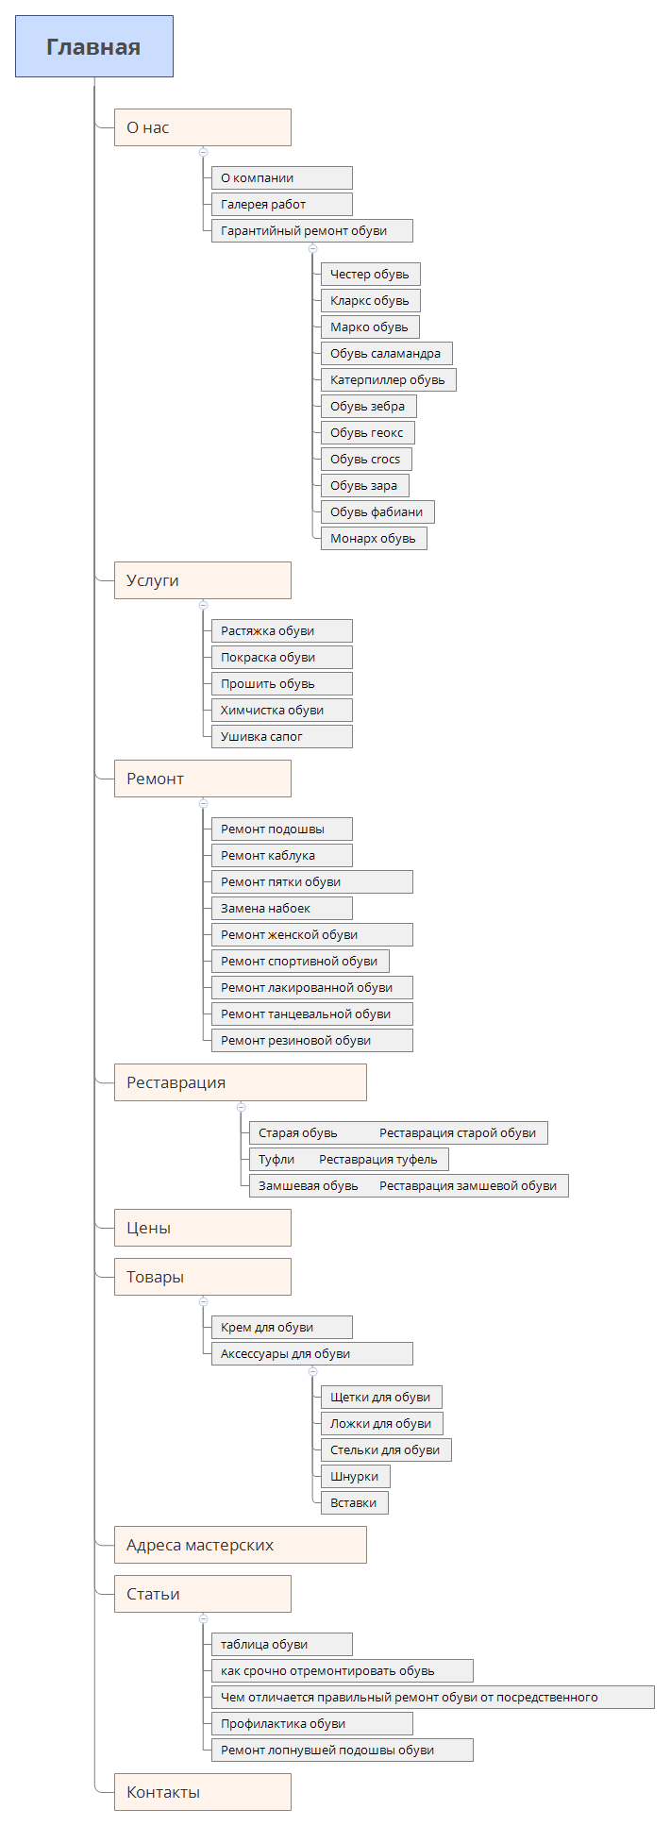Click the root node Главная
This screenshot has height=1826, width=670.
(94, 46)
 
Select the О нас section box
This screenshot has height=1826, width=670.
(203, 127)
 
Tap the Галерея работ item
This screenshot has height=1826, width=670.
(282, 204)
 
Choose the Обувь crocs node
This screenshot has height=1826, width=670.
(366, 459)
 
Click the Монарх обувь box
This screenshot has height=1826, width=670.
(374, 538)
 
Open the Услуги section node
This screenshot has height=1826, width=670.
(203, 580)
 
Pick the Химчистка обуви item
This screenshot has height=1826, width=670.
(282, 710)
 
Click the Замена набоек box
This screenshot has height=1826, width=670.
(282, 908)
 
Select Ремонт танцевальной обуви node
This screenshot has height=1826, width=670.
(312, 1014)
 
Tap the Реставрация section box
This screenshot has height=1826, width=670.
(241, 1082)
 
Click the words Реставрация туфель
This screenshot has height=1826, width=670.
(378, 1159)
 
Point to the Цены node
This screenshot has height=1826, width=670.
(203, 1228)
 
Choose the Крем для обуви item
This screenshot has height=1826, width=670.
(282, 1327)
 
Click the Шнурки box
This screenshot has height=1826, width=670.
(356, 1476)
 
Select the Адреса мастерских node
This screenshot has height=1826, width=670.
(241, 1545)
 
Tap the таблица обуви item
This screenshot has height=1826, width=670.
(282, 1644)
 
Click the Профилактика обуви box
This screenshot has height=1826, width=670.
(312, 1723)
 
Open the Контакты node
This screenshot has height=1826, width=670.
(203, 1792)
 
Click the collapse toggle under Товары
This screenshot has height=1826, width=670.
(203, 1301)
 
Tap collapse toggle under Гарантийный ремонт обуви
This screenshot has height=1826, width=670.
(312, 248)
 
